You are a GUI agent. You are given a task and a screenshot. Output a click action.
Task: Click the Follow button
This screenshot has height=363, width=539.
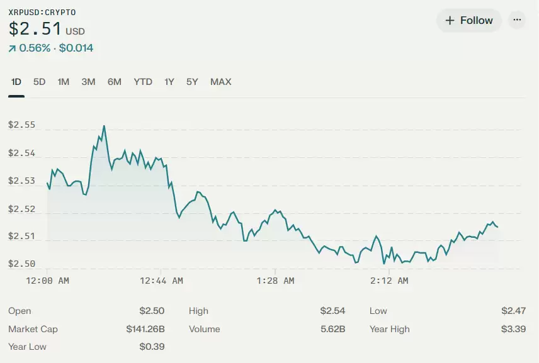pyautogui.click(x=469, y=21)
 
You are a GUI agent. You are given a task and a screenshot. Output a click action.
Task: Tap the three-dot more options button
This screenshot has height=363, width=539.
pyautogui.click(x=517, y=20)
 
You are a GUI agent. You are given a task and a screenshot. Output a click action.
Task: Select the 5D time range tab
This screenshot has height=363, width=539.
pyautogui.click(x=39, y=82)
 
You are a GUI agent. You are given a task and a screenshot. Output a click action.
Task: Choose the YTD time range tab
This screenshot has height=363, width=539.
pyautogui.click(x=143, y=82)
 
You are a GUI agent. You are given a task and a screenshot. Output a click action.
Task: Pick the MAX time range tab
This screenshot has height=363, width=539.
pyautogui.click(x=220, y=82)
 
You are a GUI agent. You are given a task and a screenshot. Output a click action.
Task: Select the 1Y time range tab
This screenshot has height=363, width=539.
pyautogui.click(x=169, y=82)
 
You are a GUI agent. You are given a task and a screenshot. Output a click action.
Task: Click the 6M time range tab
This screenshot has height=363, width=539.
pyautogui.click(x=114, y=82)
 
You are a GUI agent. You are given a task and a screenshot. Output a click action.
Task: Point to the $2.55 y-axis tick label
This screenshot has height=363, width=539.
pyautogui.click(x=21, y=125)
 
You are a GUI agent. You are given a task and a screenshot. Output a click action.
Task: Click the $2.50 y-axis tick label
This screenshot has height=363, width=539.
pyautogui.click(x=21, y=264)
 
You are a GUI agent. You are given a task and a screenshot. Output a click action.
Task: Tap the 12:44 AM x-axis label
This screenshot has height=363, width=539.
pyautogui.click(x=162, y=281)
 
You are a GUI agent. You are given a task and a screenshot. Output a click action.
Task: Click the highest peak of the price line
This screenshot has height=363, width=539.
pyautogui.click(x=104, y=126)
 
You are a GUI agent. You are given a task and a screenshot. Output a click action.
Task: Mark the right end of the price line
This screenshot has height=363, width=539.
pyautogui.click(x=497, y=227)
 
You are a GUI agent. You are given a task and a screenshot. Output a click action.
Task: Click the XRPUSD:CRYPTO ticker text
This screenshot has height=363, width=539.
pyautogui.click(x=42, y=12)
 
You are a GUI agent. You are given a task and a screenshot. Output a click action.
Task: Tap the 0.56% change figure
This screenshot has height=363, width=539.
pyautogui.click(x=35, y=48)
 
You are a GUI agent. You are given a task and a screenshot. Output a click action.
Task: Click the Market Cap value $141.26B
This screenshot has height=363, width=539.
pyautogui.click(x=145, y=329)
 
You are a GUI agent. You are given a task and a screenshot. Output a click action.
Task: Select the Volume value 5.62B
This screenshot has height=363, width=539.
pyautogui.click(x=332, y=329)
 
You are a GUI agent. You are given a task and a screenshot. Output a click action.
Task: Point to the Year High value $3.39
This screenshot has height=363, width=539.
pyautogui.click(x=513, y=329)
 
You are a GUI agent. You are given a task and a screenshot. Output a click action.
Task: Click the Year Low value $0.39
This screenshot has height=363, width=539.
pyautogui.click(x=152, y=347)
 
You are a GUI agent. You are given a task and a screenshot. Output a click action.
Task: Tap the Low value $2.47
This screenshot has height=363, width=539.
pyautogui.click(x=513, y=311)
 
